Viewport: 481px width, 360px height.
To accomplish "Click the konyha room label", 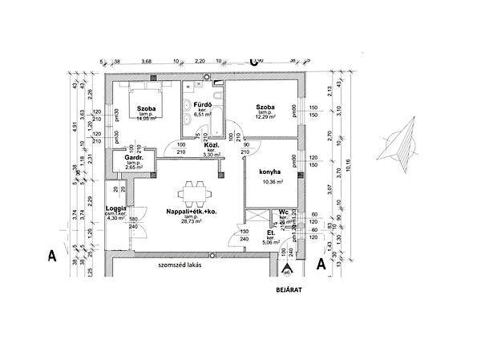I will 269,171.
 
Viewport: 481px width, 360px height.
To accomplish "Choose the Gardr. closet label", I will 134,158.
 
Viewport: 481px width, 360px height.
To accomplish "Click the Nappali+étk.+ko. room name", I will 192,211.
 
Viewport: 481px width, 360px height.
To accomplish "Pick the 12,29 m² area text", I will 266,117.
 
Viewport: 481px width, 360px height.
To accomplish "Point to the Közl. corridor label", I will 211,145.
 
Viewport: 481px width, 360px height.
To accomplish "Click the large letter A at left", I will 51,257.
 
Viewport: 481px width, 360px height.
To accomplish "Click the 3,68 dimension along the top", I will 147,61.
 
